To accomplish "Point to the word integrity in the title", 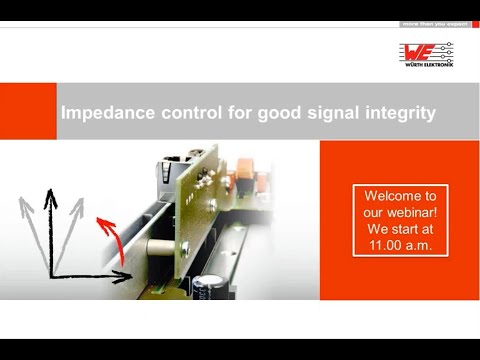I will pyautogui.click(x=399, y=113).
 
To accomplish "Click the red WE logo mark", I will pyautogui.click(x=420, y=51).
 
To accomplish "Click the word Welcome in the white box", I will pyautogui.click(x=400, y=196).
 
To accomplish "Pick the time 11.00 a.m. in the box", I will pyautogui.click(x=400, y=244).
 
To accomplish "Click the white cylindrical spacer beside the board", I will pyautogui.click(x=161, y=246).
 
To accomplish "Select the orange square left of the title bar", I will pyautogui.click(x=28, y=112).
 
